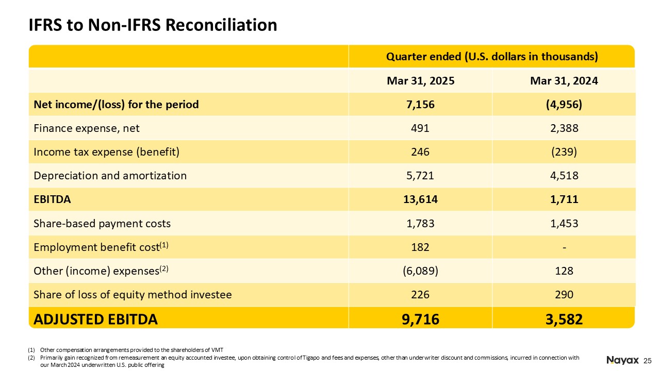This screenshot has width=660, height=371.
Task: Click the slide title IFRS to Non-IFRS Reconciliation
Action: (x=153, y=25)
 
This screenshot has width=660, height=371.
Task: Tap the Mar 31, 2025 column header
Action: (x=420, y=81)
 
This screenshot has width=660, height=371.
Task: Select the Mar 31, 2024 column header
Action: (x=564, y=81)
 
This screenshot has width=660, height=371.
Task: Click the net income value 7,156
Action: (x=420, y=105)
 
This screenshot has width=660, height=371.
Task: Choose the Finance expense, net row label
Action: (x=86, y=128)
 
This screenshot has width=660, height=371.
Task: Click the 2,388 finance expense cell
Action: (x=564, y=128)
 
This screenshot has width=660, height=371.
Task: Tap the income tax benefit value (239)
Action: (x=564, y=152)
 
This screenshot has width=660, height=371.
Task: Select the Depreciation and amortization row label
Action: (x=110, y=176)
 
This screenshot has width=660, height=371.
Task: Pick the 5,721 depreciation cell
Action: (x=420, y=176)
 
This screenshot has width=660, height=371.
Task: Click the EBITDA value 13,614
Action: (x=420, y=199)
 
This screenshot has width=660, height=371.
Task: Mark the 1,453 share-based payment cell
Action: (x=564, y=224)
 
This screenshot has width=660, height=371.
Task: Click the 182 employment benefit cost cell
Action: (x=420, y=247)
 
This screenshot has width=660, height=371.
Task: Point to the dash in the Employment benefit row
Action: (x=564, y=248)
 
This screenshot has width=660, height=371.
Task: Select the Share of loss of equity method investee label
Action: (x=133, y=295)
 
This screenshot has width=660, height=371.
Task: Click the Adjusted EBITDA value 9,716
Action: (x=420, y=319)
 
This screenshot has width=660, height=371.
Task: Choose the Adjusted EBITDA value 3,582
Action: (x=564, y=319)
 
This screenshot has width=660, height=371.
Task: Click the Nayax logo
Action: (x=622, y=360)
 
